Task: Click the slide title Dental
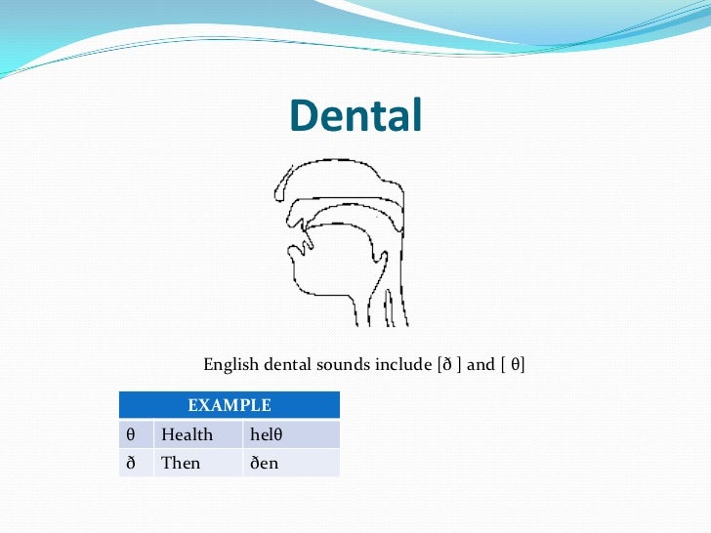tap(355, 116)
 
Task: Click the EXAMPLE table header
tap(229, 404)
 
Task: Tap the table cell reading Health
tap(187, 434)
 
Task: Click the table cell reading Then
tap(181, 463)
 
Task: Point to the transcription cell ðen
tap(265, 463)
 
